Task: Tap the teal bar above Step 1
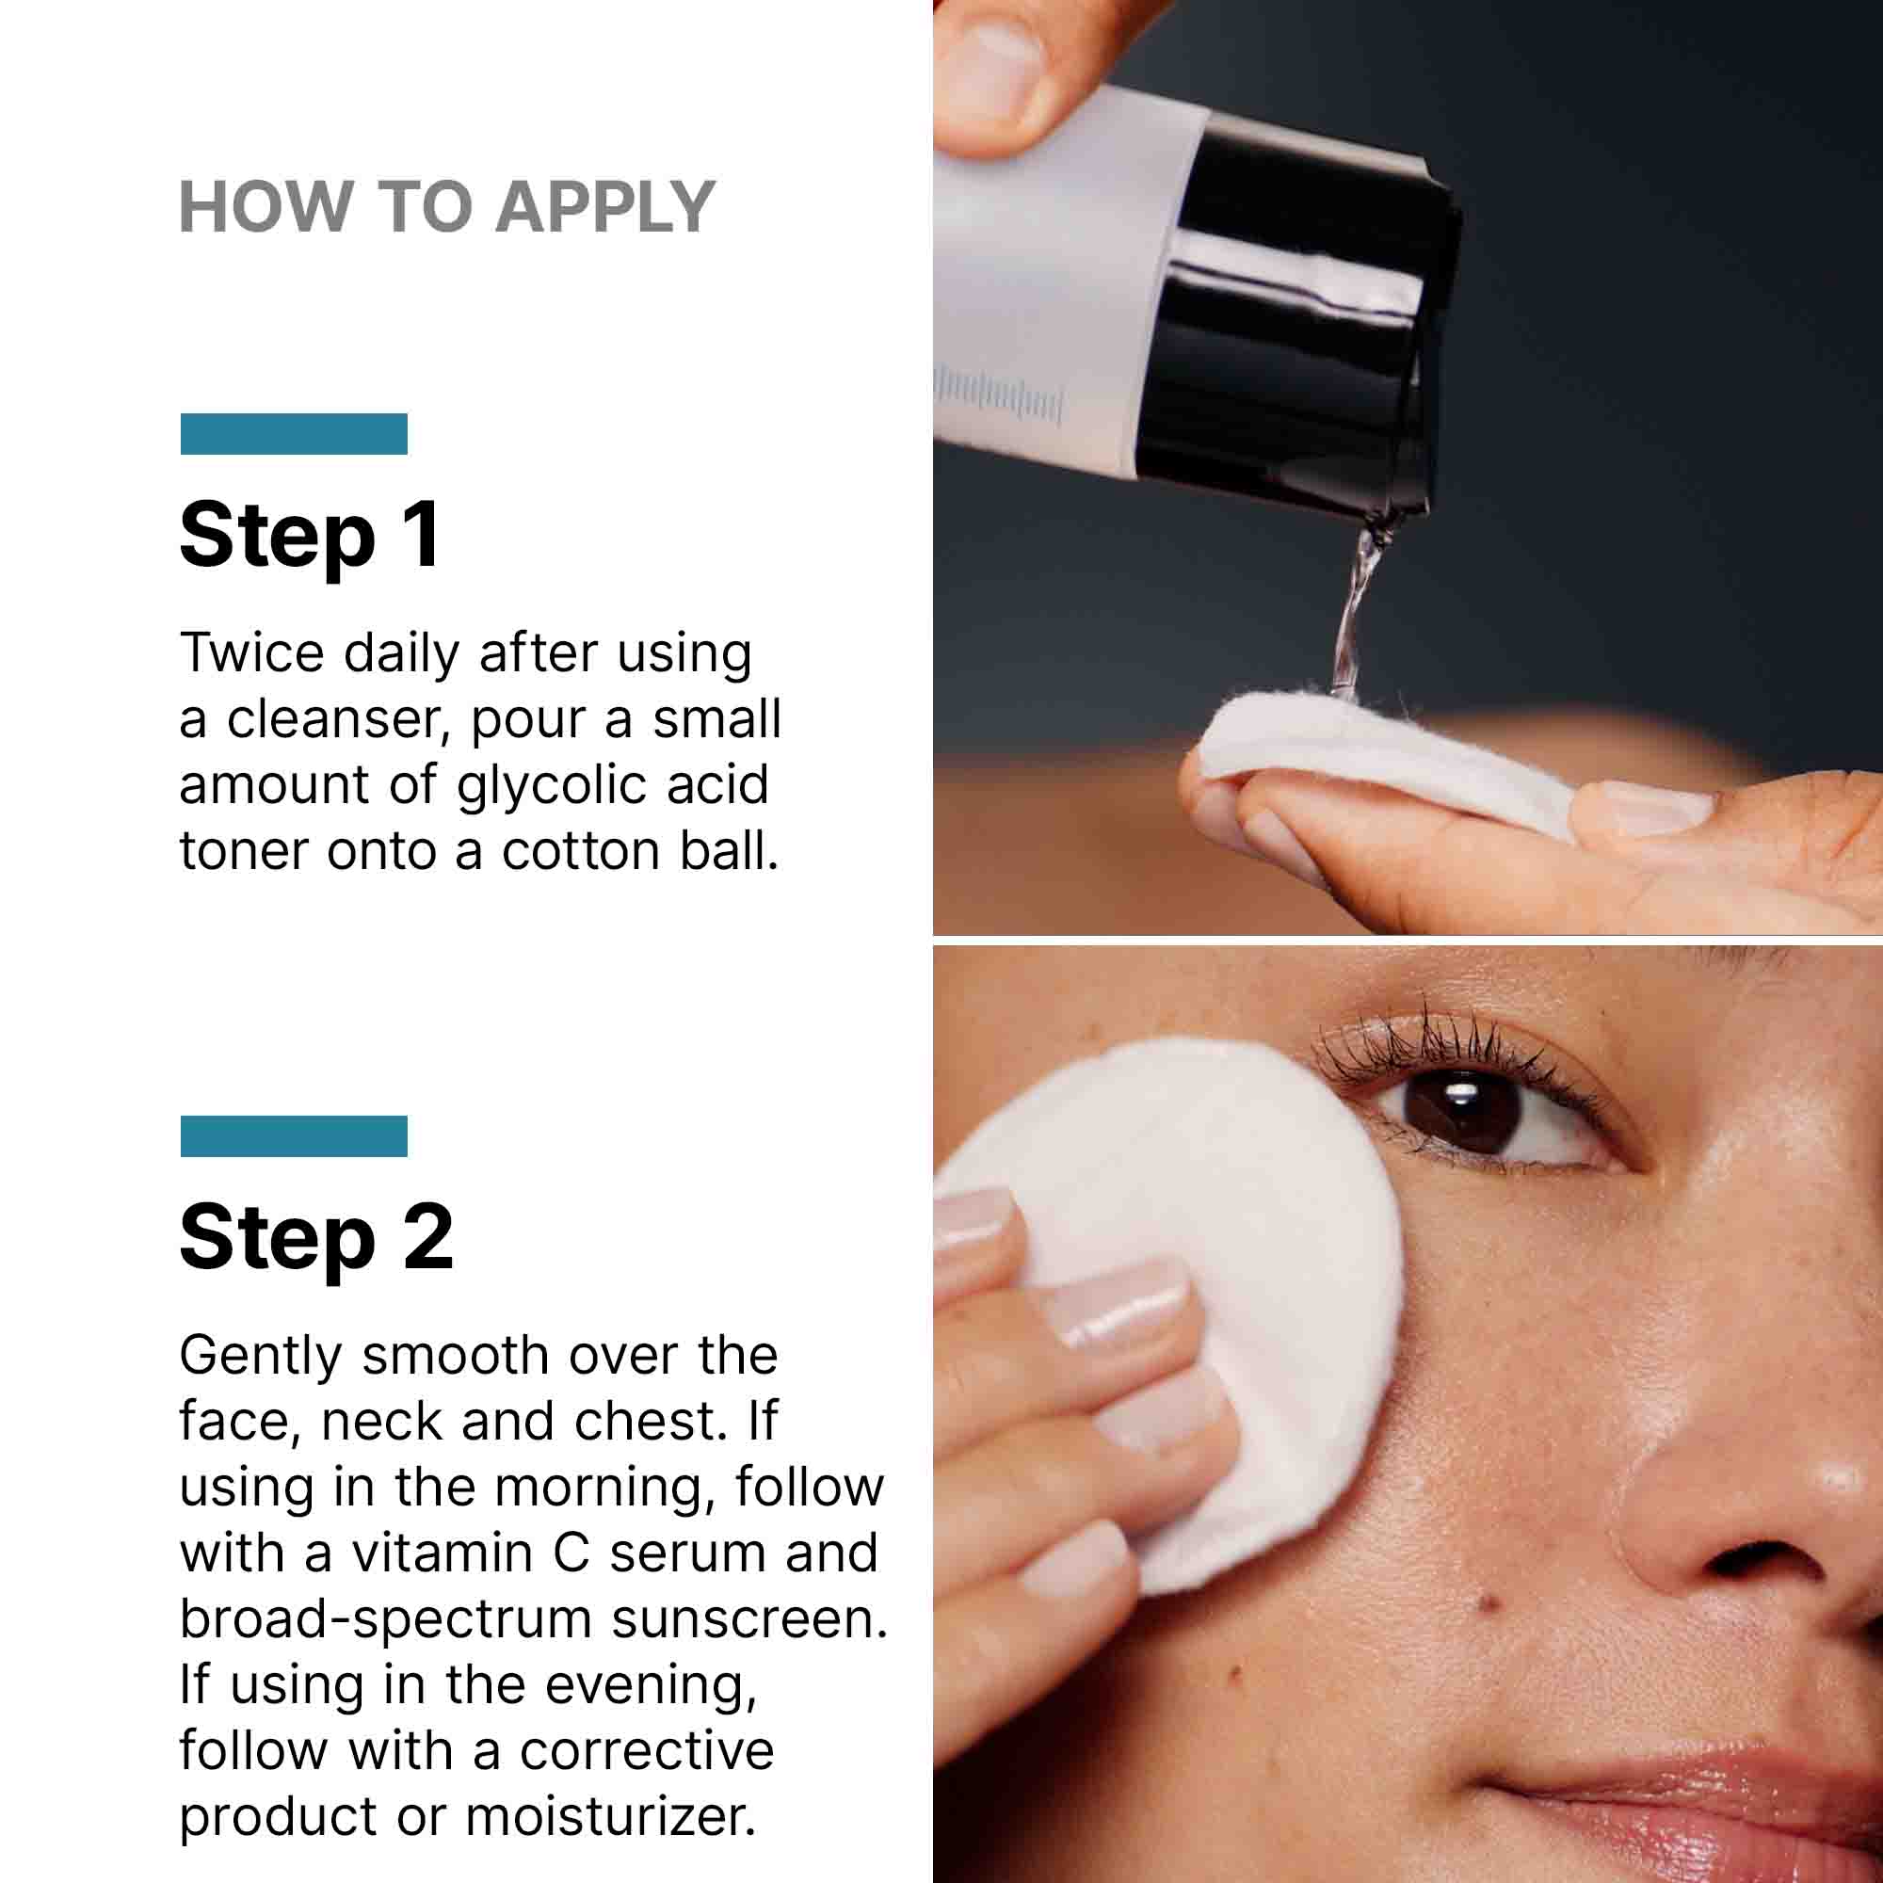pos(294,434)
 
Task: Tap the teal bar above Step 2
pos(294,1135)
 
